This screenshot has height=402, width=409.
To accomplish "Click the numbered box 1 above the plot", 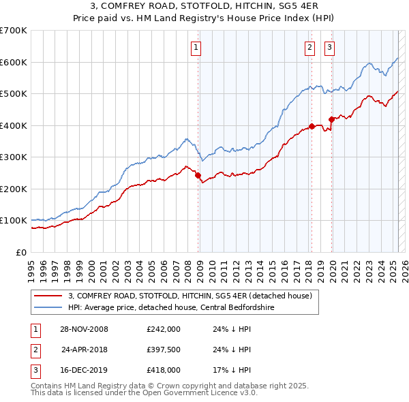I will point(196,48).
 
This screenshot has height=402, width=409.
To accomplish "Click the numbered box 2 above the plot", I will point(309,48).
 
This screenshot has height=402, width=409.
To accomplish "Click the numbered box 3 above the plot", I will point(329,48).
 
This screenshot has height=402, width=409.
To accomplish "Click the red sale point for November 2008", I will point(198,176).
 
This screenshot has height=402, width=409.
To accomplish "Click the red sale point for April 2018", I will point(312,126).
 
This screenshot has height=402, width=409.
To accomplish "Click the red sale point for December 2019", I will point(331,119).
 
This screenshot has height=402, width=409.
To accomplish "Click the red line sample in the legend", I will point(48,296).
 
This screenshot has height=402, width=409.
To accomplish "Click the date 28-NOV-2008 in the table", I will point(85,328).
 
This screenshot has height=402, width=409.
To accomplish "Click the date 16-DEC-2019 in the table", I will point(85,371).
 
